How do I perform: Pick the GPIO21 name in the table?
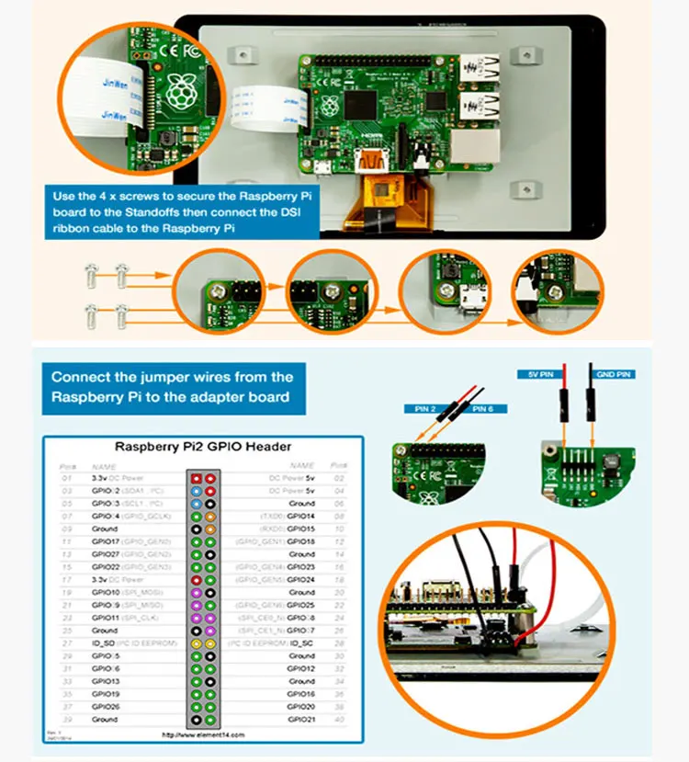pyautogui.click(x=301, y=720)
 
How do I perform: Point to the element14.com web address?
pyautogui.click(x=203, y=734)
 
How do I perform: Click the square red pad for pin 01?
pyautogui.click(x=195, y=478)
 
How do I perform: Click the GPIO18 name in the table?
pyautogui.click(x=301, y=541)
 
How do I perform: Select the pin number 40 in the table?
pyautogui.click(x=339, y=720)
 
